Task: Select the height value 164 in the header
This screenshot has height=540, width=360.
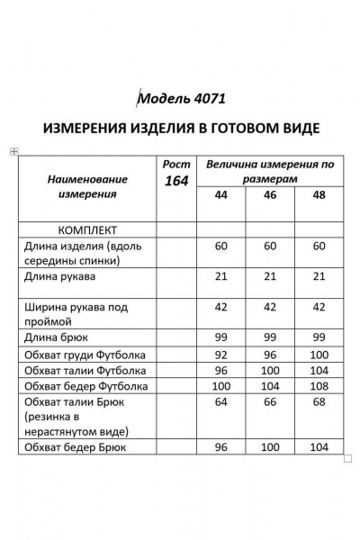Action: tap(176, 180)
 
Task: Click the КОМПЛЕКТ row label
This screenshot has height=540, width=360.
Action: tap(75, 229)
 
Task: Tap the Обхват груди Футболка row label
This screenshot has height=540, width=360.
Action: tap(87, 354)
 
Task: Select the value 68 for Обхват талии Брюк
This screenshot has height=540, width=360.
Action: tap(318, 402)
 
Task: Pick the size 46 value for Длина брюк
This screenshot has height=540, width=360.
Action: tap(269, 337)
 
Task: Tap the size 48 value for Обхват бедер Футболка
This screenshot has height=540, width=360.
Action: tap(318, 386)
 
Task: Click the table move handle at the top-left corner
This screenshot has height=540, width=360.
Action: tap(12, 152)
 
